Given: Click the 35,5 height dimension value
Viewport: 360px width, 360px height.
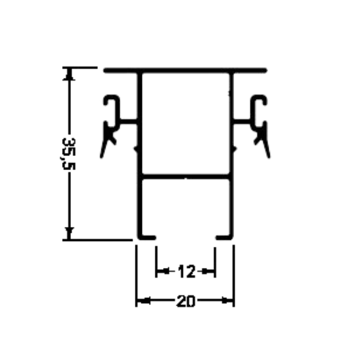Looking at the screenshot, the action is tap(68, 154).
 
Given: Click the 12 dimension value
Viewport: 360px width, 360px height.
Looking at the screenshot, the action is tap(187, 271).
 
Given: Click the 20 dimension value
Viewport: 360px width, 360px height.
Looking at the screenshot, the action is tap(185, 301).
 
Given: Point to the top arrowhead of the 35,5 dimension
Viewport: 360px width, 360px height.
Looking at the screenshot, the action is tap(69, 74).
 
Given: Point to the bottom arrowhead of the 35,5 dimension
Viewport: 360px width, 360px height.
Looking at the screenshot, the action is tap(69, 233).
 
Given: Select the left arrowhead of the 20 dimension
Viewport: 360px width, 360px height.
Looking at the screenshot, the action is tap(144, 301).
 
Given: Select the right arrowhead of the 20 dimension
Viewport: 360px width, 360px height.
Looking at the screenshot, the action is tap(227, 301).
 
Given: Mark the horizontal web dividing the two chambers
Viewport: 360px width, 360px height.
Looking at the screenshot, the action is tap(185, 176).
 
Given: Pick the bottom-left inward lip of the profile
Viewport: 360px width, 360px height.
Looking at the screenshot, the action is tap(147, 237).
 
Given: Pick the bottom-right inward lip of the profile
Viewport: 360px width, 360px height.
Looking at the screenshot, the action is tap(224, 237).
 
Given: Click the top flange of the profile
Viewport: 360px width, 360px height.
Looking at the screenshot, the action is tap(185, 70).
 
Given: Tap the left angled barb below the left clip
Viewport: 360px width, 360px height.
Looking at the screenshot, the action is tap(104, 145).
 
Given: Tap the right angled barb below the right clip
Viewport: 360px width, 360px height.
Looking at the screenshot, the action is tap(265, 145).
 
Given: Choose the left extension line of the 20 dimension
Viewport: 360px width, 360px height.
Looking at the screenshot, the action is tap(136, 276).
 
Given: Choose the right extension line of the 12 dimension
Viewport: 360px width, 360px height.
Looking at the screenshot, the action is tap(215, 262).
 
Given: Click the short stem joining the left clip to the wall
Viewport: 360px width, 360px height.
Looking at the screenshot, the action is tap(129, 121).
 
